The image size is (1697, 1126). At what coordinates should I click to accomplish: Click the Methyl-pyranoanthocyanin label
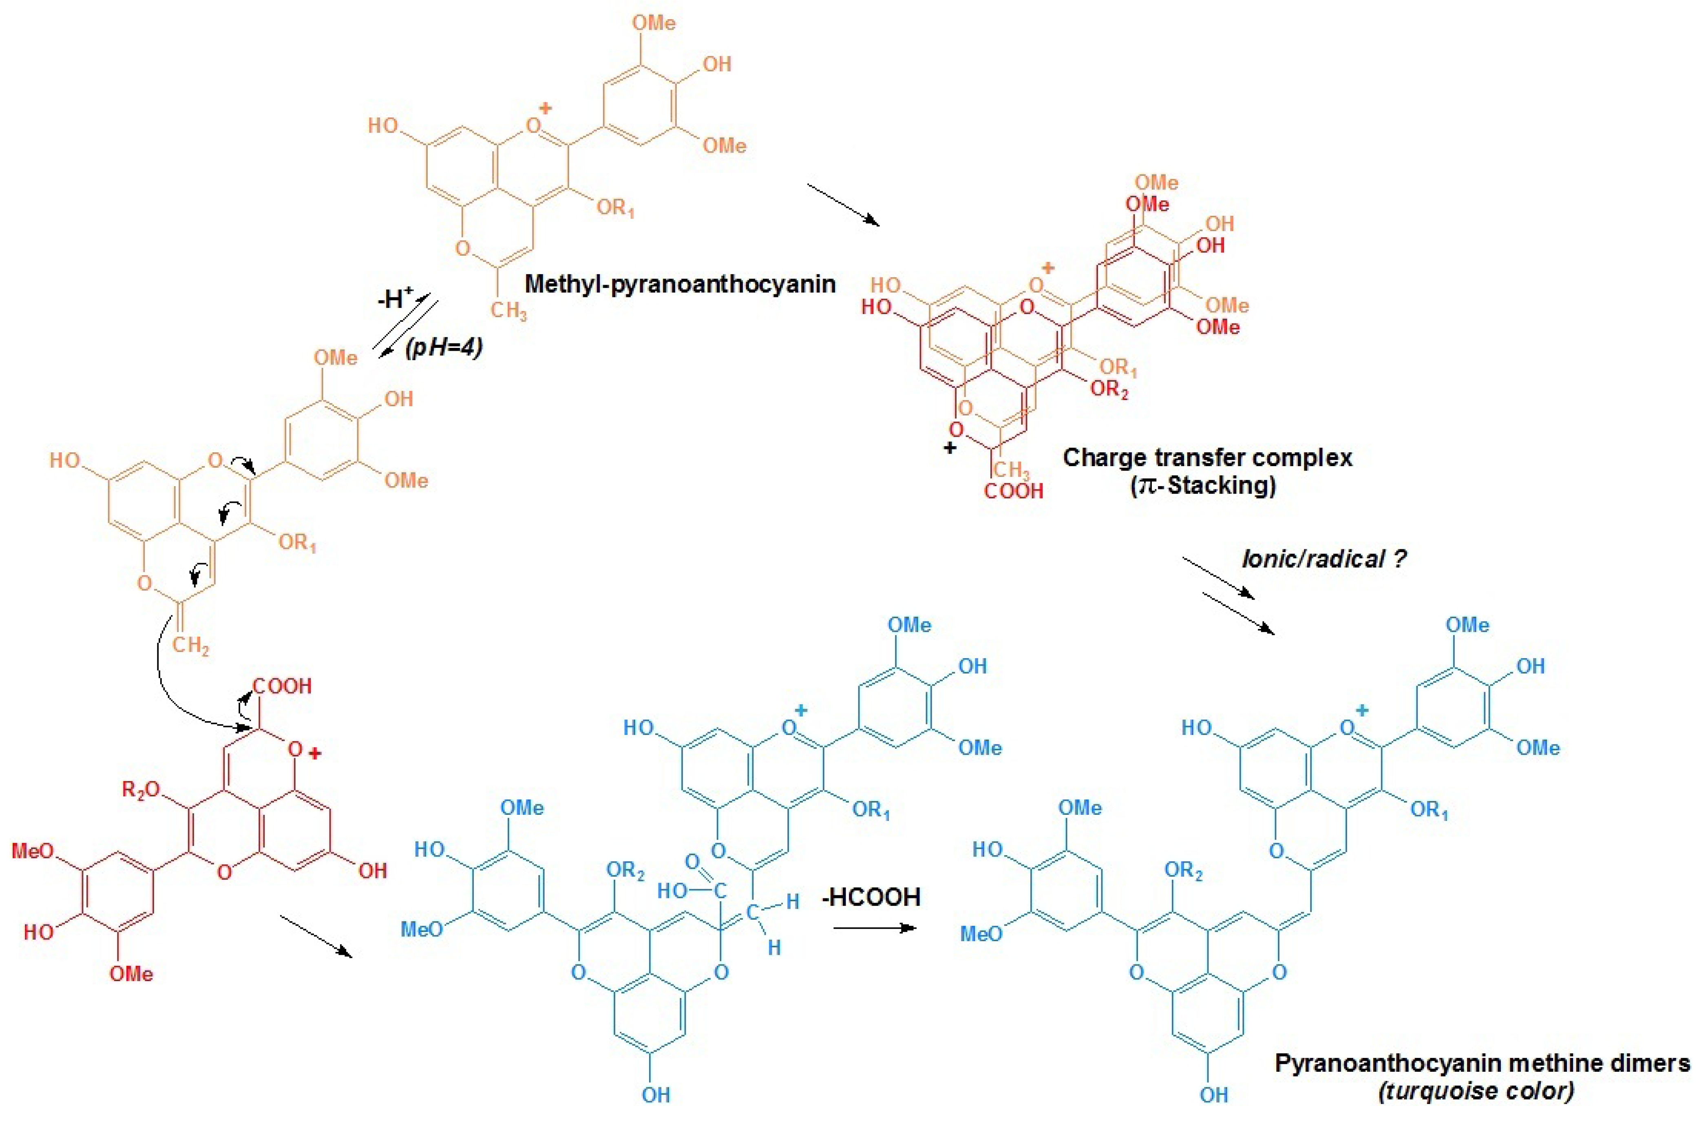point(679,284)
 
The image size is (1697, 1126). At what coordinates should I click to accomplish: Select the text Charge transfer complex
point(1207,458)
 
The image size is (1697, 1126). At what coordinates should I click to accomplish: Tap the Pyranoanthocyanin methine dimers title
point(1482,1063)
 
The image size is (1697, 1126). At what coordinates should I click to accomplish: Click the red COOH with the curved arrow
point(282,686)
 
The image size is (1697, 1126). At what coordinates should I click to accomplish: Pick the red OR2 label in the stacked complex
point(1109,390)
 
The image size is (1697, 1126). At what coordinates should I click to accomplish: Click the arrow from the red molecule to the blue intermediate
point(316,936)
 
